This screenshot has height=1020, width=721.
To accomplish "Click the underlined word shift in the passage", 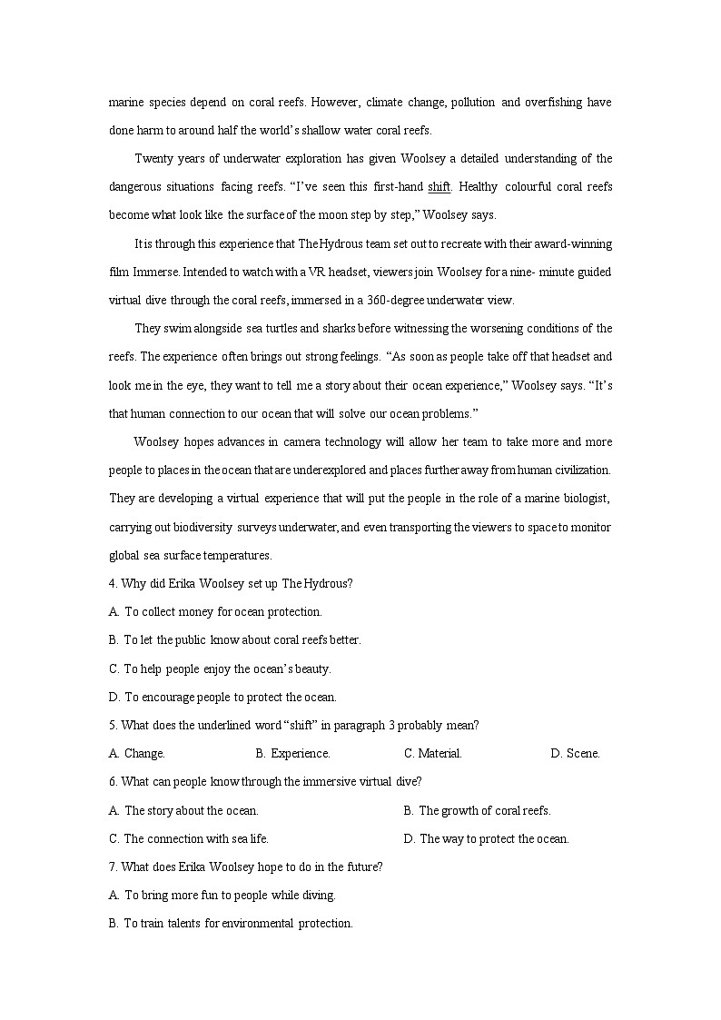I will click(440, 187).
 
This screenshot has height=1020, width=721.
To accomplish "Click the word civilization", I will click(578, 470).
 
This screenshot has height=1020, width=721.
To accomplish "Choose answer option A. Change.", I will click(137, 753).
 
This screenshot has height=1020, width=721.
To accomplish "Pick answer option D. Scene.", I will click(575, 753).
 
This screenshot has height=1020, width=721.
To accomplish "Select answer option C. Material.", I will click(433, 753).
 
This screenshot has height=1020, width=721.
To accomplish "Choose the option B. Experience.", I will click(292, 753).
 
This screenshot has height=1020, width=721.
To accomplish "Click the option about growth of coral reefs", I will click(477, 810).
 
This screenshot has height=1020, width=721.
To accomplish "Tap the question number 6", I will click(113, 781).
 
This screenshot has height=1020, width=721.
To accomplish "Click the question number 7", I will click(113, 867).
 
